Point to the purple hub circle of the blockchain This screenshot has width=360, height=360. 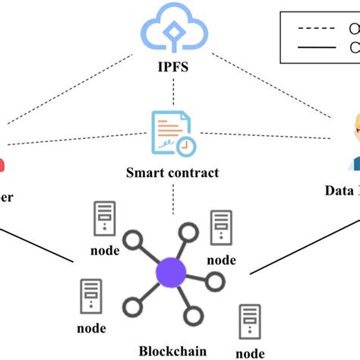[171, 271]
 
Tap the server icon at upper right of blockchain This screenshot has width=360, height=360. [221, 226]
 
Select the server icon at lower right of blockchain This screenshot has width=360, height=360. [250, 321]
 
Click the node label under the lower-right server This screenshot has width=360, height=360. [250, 352]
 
